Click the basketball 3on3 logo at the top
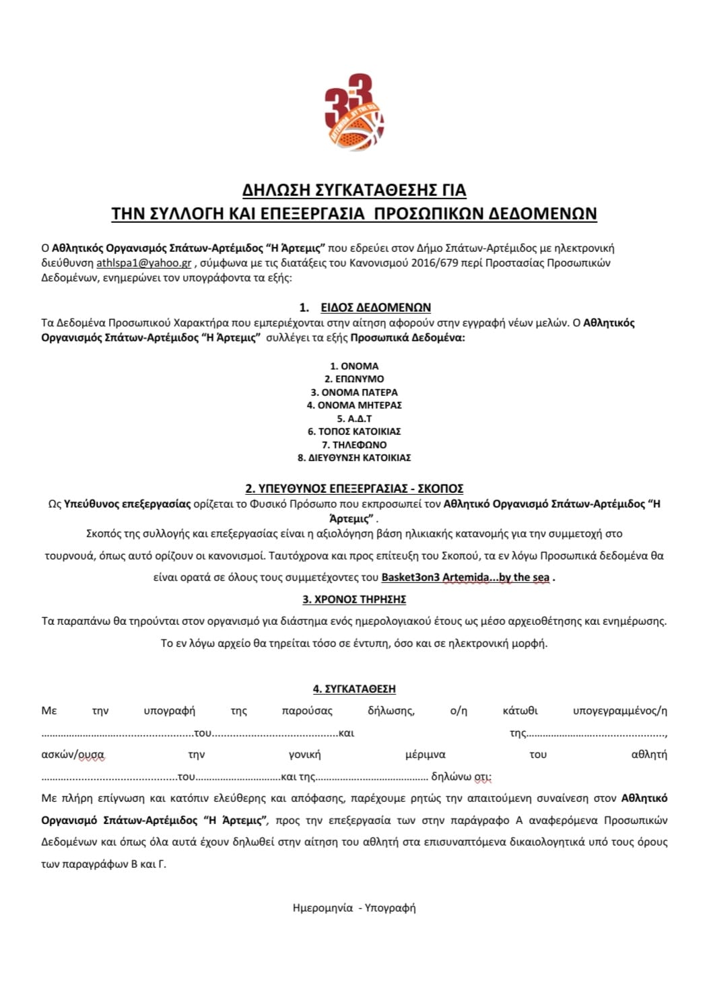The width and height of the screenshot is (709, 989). click(x=354, y=112)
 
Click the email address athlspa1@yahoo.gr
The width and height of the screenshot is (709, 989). click(x=143, y=263)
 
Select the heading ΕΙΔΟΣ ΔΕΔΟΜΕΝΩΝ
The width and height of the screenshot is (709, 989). click(x=376, y=308)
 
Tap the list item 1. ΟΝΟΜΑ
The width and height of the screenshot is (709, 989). click(x=354, y=366)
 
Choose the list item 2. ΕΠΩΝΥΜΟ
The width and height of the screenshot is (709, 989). click(x=354, y=379)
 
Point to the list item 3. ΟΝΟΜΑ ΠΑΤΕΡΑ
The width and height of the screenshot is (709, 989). click(x=354, y=393)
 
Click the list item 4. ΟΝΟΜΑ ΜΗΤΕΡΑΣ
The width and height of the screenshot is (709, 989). click(x=354, y=405)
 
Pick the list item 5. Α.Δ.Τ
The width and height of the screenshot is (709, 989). click(x=354, y=419)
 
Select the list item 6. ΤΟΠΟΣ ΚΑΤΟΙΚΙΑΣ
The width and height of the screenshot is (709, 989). click(x=354, y=432)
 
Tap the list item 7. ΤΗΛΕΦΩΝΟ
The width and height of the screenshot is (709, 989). click(x=354, y=445)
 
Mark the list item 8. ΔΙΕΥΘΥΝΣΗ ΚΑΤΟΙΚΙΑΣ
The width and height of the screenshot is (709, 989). click(x=354, y=458)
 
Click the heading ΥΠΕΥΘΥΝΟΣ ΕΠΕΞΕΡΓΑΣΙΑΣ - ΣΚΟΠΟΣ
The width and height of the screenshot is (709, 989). click(x=354, y=489)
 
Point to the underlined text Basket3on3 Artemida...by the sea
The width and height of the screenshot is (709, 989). click(x=465, y=578)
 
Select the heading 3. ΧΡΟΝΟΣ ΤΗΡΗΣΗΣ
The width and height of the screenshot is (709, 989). click(x=354, y=599)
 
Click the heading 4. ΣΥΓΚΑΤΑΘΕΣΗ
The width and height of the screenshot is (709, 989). click(x=354, y=689)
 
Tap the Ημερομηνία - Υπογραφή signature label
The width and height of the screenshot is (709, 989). click(x=354, y=908)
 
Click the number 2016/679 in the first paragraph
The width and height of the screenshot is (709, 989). click(x=435, y=263)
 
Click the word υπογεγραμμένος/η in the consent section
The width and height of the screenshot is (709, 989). click(x=619, y=711)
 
